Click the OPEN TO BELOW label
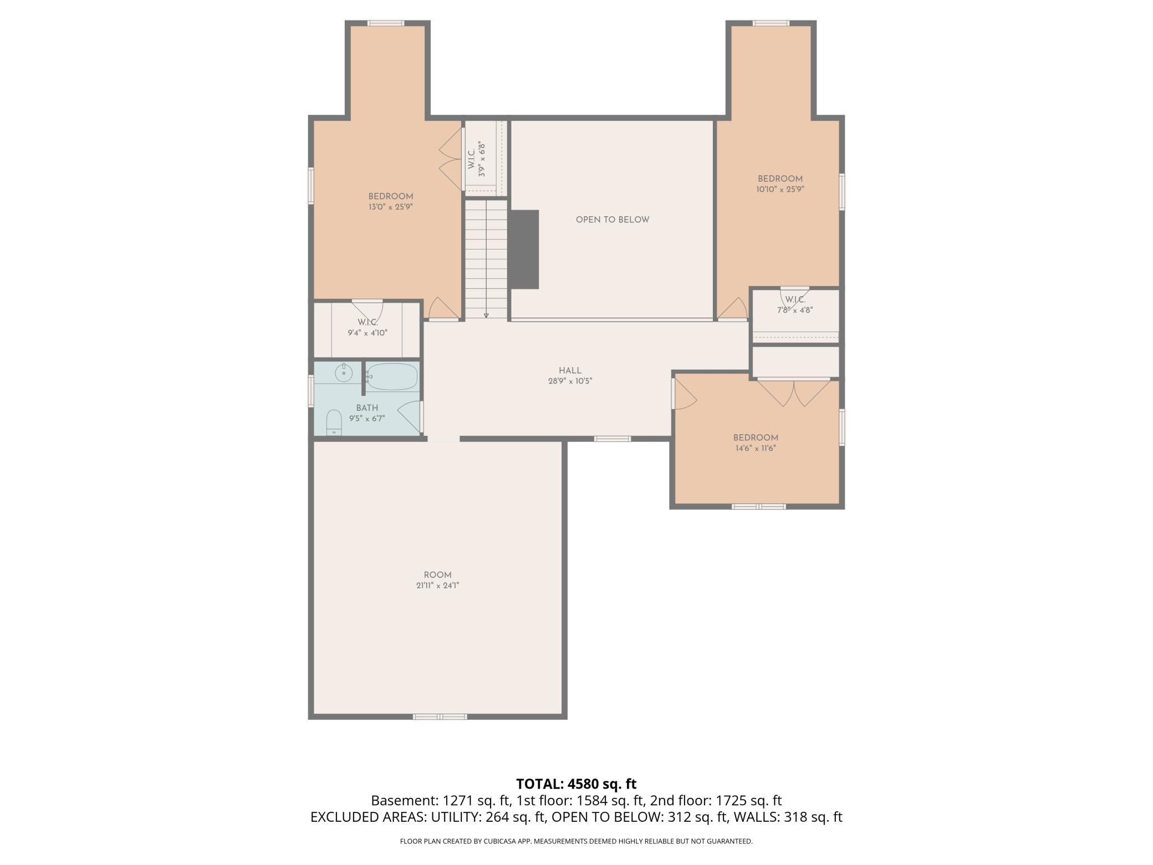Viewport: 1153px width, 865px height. [x=612, y=220]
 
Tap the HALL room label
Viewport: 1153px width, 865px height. [x=570, y=370]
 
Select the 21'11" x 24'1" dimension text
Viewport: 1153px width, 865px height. [x=438, y=586]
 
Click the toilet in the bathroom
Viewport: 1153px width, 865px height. [x=334, y=423]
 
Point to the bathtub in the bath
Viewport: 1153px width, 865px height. [x=392, y=377]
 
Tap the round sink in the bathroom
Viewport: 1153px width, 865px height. [x=344, y=373]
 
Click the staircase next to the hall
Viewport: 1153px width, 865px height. [x=486, y=259]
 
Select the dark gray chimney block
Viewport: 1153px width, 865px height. [x=524, y=249]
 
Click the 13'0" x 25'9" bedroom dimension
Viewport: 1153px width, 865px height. [x=391, y=207]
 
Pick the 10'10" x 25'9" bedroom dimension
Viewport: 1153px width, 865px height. [x=780, y=189]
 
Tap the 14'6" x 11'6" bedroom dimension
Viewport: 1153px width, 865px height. [x=756, y=448]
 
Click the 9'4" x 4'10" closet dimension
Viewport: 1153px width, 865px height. [x=368, y=333]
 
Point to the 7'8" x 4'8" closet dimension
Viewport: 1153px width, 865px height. [x=795, y=311]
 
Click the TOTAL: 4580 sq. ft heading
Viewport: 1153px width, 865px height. [x=576, y=784]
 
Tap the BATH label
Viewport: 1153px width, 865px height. [x=367, y=408]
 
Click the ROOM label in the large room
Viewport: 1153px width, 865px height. [x=438, y=575]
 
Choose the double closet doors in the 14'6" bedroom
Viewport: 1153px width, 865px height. [x=794, y=392]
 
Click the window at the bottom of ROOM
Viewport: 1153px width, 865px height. [x=440, y=716]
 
